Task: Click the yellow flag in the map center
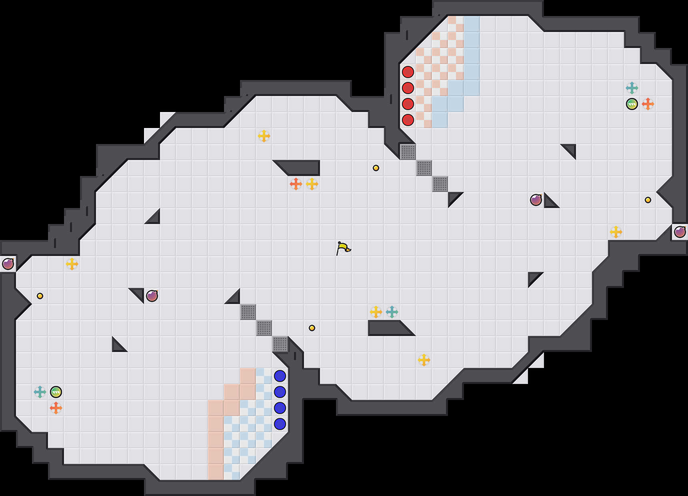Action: tap(343, 248)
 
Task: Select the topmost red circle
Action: tap(408, 72)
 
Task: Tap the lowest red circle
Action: tap(408, 120)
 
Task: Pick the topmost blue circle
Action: tap(280, 376)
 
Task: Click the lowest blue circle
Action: tap(280, 424)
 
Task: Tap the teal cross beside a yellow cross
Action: tap(392, 312)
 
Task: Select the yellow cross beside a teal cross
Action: tap(376, 312)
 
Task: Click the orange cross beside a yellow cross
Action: tap(296, 184)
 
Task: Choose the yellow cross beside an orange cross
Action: tap(312, 184)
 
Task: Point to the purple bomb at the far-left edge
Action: tap(8, 264)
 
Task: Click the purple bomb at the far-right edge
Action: tap(680, 232)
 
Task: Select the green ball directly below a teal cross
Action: tap(632, 104)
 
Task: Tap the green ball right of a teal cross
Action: tap(56, 392)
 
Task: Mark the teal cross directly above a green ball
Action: tap(632, 88)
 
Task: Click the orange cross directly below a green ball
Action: tap(56, 408)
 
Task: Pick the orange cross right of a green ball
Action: tap(648, 104)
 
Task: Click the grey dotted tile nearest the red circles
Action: tap(408, 152)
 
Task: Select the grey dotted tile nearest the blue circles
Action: tap(280, 344)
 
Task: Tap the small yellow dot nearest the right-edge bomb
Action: tap(648, 200)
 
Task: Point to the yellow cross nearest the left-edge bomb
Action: tap(72, 264)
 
